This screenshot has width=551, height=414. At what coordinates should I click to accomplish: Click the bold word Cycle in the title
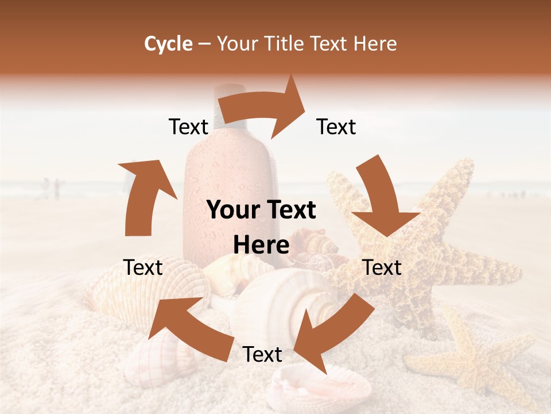pyautogui.click(x=168, y=44)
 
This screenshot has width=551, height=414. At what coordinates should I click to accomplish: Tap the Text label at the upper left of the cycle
pyautogui.click(x=188, y=127)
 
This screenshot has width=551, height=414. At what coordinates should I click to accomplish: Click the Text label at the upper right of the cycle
pyautogui.click(x=336, y=127)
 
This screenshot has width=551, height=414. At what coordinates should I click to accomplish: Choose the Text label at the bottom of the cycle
pyautogui.click(x=262, y=355)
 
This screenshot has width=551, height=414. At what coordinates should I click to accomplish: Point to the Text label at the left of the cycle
pyautogui.click(x=143, y=267)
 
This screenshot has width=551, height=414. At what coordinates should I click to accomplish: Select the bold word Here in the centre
pyautogui.click(x=261, y=246)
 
